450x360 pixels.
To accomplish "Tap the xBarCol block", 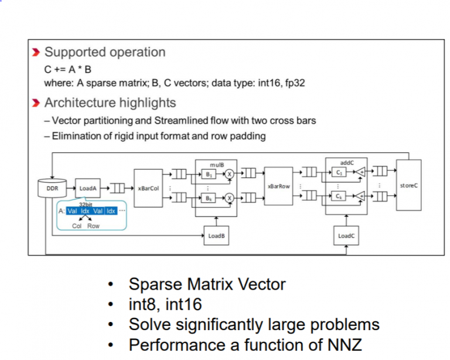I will click(148, 189).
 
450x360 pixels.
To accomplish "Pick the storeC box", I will click(408, 185).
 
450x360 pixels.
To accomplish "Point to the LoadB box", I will click(216, 236).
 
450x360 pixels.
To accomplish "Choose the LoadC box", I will click(346, 236).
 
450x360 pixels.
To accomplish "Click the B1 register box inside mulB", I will click(209, 174).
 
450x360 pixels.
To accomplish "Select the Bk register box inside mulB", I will click(209, 199).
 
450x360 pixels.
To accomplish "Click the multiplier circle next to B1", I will click(230, 174).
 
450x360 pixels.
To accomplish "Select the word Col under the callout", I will click(77, 226).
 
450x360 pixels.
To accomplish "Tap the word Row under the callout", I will click(94, 226).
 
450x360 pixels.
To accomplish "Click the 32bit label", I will click(86, 204).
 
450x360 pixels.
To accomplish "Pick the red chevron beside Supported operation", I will click(36, 52).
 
